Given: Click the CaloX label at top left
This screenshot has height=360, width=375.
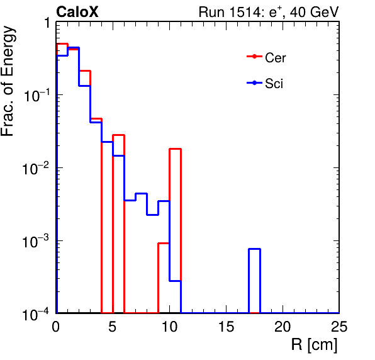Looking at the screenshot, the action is click(x=77, y=12).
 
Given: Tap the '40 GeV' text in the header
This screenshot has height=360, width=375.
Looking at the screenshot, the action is click(x=314, y=12).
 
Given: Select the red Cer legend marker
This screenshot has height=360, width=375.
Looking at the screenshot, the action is click(x=254, y=57).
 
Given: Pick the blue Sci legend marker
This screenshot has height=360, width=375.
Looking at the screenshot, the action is click(x=254, y=83).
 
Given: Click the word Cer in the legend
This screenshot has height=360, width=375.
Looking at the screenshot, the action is click(x=276, y=58).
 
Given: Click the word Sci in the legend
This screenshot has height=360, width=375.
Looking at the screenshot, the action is click(x=274, y=84).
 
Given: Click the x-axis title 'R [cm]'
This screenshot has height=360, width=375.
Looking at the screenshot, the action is click(x=314, y=345).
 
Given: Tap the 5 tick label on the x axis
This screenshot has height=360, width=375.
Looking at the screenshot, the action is click(x=113, y=326).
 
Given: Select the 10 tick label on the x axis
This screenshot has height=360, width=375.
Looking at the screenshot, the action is click(x=169, y=326).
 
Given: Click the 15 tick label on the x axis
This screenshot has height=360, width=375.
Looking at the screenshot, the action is click(x=227, y=326).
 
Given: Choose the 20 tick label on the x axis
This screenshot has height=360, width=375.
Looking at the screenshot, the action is click(x=283, y=326).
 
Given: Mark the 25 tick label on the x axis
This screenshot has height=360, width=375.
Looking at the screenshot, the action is click(x=339, y=326).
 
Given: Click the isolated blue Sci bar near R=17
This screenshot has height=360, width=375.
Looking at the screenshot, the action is click(x=254, y=249).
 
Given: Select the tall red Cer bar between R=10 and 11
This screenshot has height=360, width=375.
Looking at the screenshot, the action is click(x=175, y=149).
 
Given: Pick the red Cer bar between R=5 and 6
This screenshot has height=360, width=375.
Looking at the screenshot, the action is click(x=119, y=135).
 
